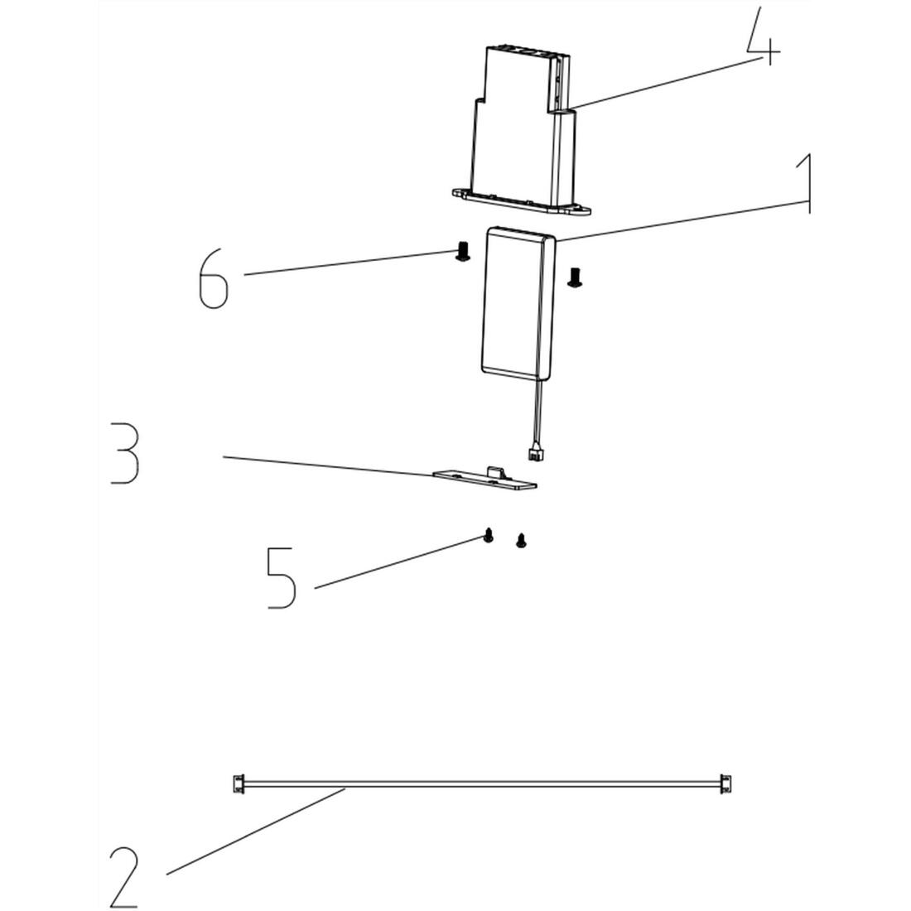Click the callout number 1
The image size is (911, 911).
coord(803,184)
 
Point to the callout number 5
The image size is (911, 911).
coord(282,577)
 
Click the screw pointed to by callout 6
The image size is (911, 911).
coord(463,253)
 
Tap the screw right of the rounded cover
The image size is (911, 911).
coord(574,277)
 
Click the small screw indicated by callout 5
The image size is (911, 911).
coord(489,536)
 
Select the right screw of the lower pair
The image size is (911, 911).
coord(521,541)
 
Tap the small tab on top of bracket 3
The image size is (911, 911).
coord(495,471)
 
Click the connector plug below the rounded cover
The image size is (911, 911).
coord(535,453)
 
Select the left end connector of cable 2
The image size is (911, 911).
coord(238,782)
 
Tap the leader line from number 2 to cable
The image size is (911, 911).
coord(257,831)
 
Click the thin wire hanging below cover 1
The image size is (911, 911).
coord(538,410)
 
